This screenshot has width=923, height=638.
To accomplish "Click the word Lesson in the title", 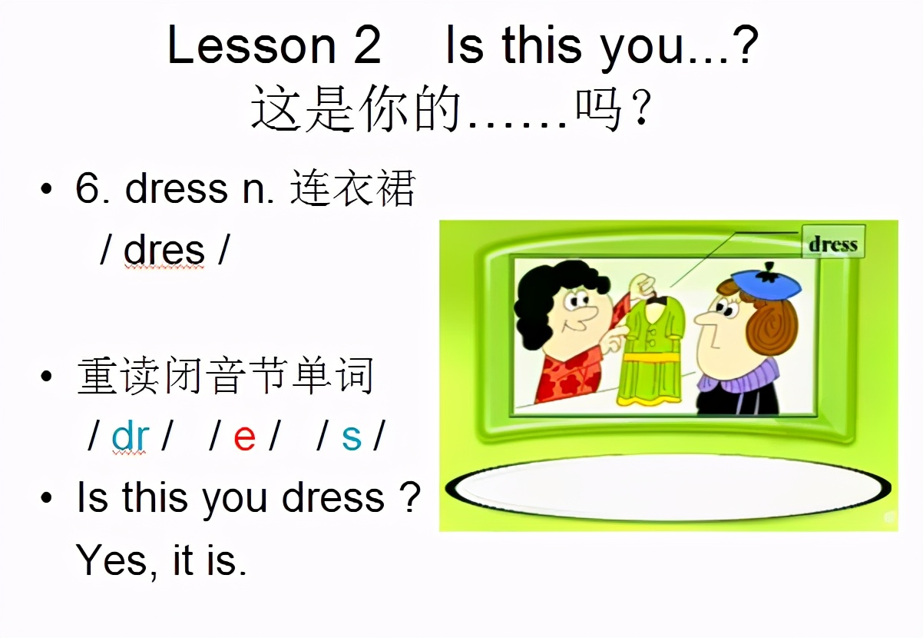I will (251, 45).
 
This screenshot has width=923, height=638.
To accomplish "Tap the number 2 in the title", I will (366, 45).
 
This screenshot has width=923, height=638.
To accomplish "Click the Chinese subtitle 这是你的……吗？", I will (453, 110).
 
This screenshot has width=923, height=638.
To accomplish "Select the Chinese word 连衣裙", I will (352, 188).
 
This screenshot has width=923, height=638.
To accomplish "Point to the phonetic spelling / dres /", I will (164, 250).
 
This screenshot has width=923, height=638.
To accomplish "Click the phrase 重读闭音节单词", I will (225, 377).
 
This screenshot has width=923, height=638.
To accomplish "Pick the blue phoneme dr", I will (130, 437).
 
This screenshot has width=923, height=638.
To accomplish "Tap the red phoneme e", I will (244, 437).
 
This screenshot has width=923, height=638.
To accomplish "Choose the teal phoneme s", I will (351, 437).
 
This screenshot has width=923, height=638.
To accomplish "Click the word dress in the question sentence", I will (332, 498).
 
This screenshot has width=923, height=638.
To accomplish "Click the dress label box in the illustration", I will (832, 244).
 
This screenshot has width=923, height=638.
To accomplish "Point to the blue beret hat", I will (765, 281).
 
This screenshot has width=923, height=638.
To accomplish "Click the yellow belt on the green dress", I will (652, 357).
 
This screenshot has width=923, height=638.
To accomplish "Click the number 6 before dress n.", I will (88, 188).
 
